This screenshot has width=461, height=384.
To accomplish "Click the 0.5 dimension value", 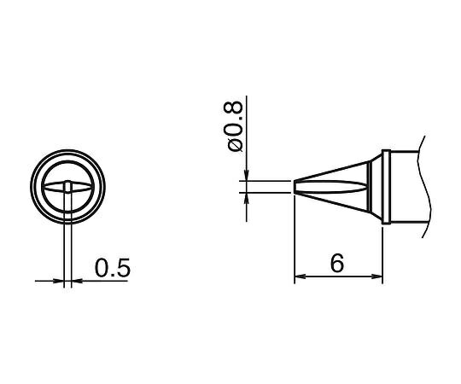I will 112,268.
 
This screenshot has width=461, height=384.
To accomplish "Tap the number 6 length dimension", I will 337,265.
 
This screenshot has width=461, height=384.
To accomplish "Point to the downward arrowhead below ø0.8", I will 247,176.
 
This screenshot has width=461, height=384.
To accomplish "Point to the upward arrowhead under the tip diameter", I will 247,197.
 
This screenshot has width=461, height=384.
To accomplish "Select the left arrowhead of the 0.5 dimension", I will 59,279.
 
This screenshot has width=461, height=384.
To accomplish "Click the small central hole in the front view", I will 67,187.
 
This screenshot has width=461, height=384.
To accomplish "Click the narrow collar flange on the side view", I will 387,187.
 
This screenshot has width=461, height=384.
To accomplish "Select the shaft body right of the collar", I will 406,187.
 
